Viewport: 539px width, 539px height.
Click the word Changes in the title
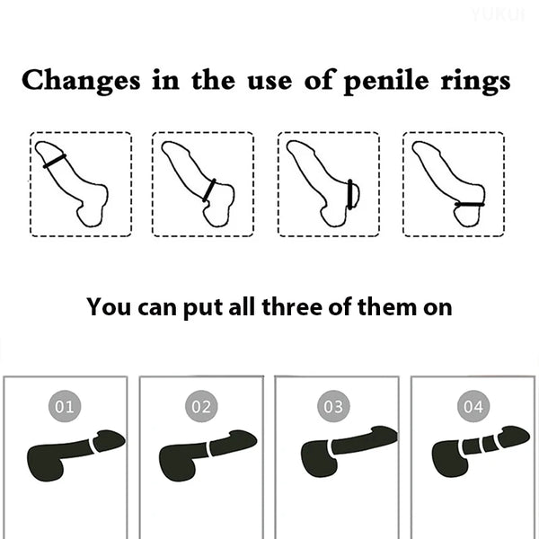(x=81, y=81)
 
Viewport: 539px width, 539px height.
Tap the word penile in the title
(x=386, y=82)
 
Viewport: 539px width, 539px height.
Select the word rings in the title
(x=475, y=82)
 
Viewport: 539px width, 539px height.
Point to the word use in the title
(x=269, y=83)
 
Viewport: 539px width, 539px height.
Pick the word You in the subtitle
(x=109, y=306)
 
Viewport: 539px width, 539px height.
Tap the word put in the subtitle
(x=204, y=308)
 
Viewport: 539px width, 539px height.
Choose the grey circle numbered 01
(x=65, y=406)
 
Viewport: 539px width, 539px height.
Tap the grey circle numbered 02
(x=201, y=406)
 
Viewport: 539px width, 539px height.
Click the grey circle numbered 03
(x=333, y=406)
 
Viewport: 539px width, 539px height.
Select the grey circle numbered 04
(x=473, y=406)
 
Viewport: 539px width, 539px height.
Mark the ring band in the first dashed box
(x=55, y=161)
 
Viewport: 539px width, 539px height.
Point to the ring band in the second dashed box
(x=209, y=190)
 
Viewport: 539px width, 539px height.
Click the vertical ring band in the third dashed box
(x=350, y=194)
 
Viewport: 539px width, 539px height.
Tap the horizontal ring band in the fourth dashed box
(x=469, y=205)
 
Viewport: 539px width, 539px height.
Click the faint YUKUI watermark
(x=498, y=15)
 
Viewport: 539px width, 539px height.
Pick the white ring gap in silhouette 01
(x=92, y=446)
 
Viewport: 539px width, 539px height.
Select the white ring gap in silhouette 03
(x=331, y=447)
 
